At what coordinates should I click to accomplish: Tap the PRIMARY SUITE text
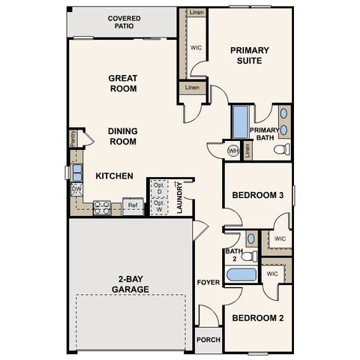pos(250,55)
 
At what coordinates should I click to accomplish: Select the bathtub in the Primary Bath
pos(240,120)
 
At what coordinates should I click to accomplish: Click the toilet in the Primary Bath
pos(282,150)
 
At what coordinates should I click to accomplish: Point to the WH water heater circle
pos(233,150)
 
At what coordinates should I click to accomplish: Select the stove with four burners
pos(103,208)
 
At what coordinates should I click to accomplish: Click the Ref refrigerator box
pos(132,205)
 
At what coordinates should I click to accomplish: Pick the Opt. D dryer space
pos(159,188)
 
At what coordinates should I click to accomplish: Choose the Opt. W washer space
pos(159,205)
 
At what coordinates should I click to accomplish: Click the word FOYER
pos(207,282)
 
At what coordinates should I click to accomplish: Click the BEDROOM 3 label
pos(257,195)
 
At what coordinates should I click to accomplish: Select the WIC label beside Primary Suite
pos(196,46)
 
